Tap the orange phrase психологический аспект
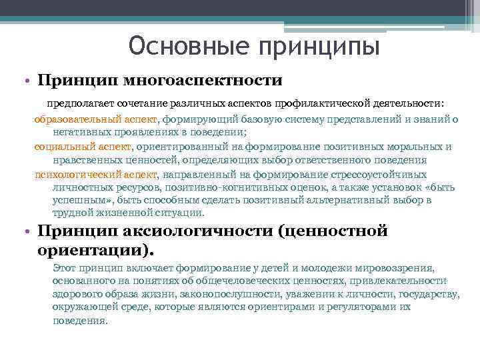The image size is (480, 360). click(96, 175)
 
